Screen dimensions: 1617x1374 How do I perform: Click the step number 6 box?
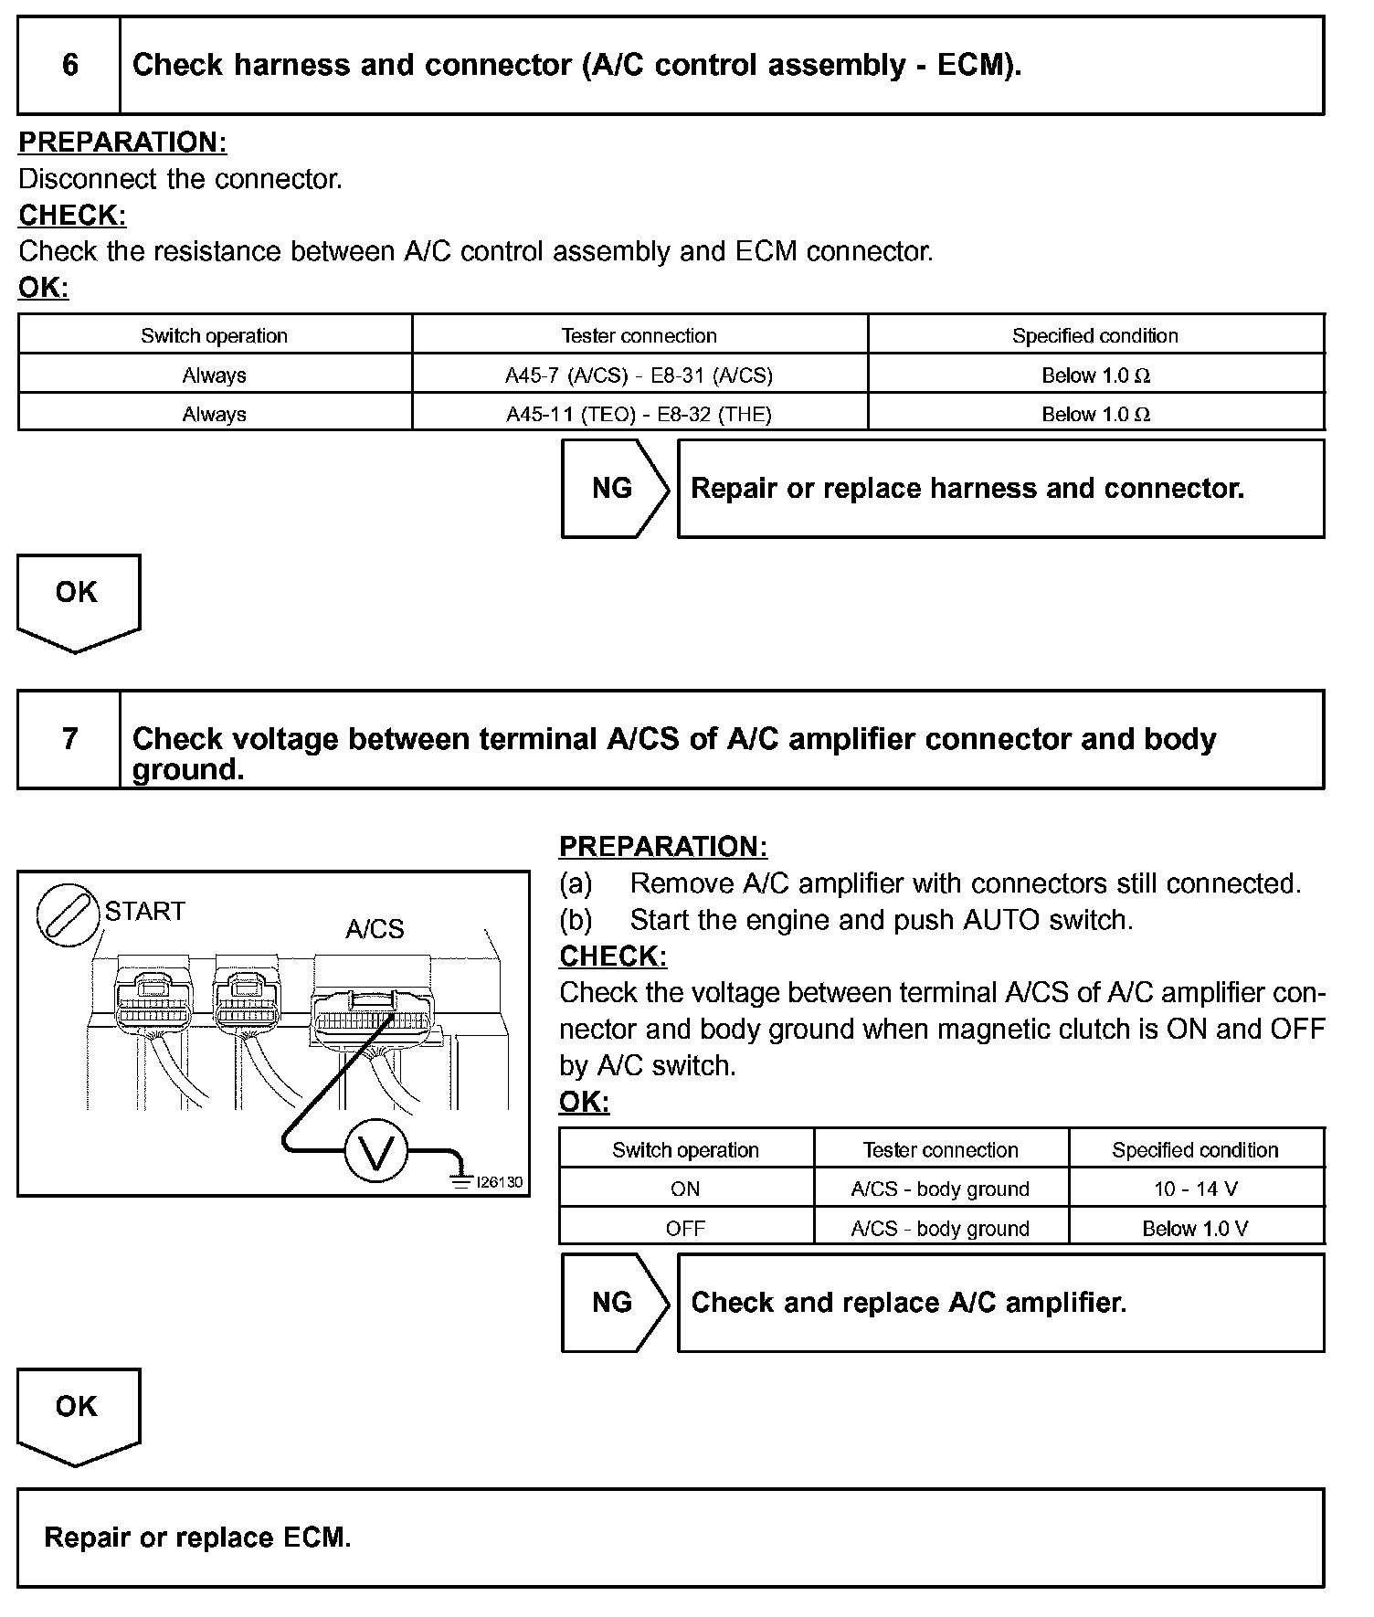[69, 65]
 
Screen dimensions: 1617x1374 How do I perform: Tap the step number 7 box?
[69, 738]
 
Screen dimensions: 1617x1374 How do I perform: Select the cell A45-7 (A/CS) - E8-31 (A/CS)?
[639, 375]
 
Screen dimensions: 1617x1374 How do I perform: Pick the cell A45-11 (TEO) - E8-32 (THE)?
[639, 414]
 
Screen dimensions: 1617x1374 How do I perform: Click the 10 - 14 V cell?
[1195, 1189]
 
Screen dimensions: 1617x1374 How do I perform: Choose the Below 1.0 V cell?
[1195, 1228]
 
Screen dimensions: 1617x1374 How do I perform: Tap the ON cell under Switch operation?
[685, 1189]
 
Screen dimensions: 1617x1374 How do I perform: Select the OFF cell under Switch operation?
[685, 1228]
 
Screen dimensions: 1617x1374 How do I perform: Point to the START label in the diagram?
[144, 911]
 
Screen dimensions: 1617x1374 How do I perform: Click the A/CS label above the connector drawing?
[375, 929]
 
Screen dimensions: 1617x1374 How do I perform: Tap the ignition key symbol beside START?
[68, 914]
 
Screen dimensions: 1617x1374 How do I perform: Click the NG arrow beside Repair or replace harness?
[614, 489]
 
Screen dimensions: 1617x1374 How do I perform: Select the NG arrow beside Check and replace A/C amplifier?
[614, 1302]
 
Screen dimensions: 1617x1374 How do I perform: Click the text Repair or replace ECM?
[197, 1538]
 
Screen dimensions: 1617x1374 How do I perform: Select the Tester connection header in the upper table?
[639, 335]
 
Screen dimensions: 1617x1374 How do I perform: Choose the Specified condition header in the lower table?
[1195, 1149]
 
